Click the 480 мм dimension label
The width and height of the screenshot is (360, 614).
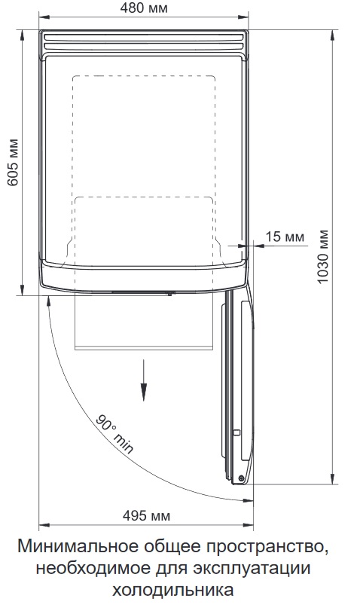coord(144,8)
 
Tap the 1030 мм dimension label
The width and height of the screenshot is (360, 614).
coord(322,257)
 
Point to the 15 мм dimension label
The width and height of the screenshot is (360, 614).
coord(285,237)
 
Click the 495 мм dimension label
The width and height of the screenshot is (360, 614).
coord(146,516)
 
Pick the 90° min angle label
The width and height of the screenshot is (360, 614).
coord(114,433)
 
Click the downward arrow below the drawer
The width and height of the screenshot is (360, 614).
coord(144,380)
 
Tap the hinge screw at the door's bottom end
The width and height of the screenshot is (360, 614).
coord(241,478)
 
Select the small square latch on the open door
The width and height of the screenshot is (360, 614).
coord(236,432)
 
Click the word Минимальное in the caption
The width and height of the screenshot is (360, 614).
coord(78,546)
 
